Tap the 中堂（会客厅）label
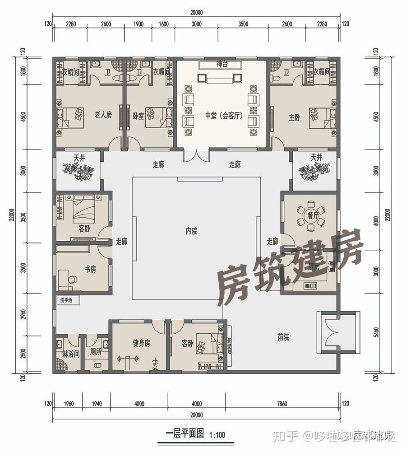224,116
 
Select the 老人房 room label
103,115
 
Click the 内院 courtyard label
191,231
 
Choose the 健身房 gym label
141,343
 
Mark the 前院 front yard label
283,337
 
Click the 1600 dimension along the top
164,24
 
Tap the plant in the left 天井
78,171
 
